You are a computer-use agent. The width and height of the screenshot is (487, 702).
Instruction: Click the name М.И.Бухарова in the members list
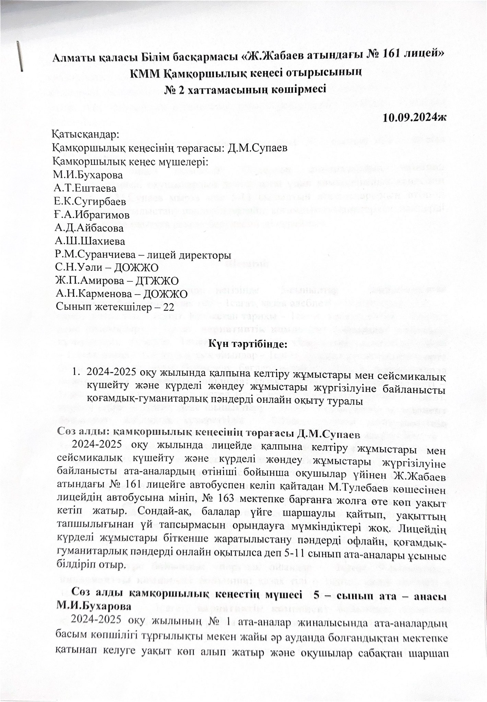coord(88,175)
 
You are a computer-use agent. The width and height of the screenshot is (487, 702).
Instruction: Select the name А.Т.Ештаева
coord(85,188)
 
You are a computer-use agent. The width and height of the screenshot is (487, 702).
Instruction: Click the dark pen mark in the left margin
coord(21,56)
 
